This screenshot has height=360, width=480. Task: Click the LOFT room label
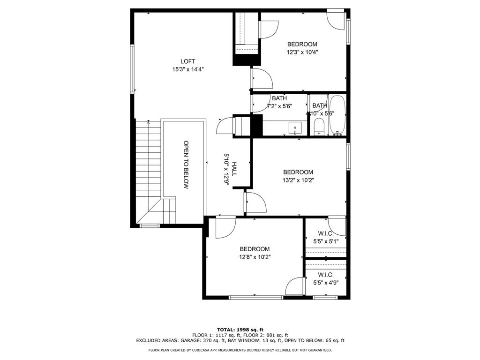187,61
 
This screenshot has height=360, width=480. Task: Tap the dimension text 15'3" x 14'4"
188,69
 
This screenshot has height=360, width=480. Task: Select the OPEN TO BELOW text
186,165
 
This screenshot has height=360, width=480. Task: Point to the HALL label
234,169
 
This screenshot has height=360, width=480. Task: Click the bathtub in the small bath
337,115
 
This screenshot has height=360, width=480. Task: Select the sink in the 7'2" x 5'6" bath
295,128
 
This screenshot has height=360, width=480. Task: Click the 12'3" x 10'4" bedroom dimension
302,52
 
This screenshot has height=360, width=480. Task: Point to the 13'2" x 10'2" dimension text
298,180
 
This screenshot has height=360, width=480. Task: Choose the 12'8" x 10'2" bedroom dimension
255,257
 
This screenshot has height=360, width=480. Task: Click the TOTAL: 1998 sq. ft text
240,330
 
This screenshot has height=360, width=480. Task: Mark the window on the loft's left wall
133,69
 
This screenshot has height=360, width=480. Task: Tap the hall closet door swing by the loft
225,126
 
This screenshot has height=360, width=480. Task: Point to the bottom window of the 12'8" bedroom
256,297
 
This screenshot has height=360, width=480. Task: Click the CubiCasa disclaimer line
240,350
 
